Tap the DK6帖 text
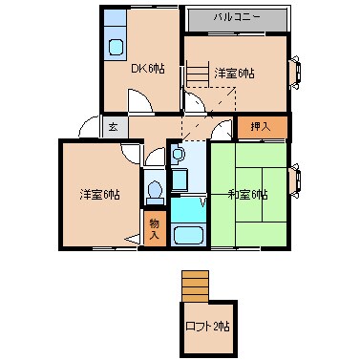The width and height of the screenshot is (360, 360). [x=146, y=69]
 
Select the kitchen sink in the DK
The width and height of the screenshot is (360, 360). [x=116, y=47]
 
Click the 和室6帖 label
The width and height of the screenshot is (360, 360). [x=247, y=195]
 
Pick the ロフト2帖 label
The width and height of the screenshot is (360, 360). [x=208, y=327]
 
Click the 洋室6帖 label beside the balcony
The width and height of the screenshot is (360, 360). [x=235, y=73]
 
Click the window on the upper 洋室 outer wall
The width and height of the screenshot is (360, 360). [x=295, y=71]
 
